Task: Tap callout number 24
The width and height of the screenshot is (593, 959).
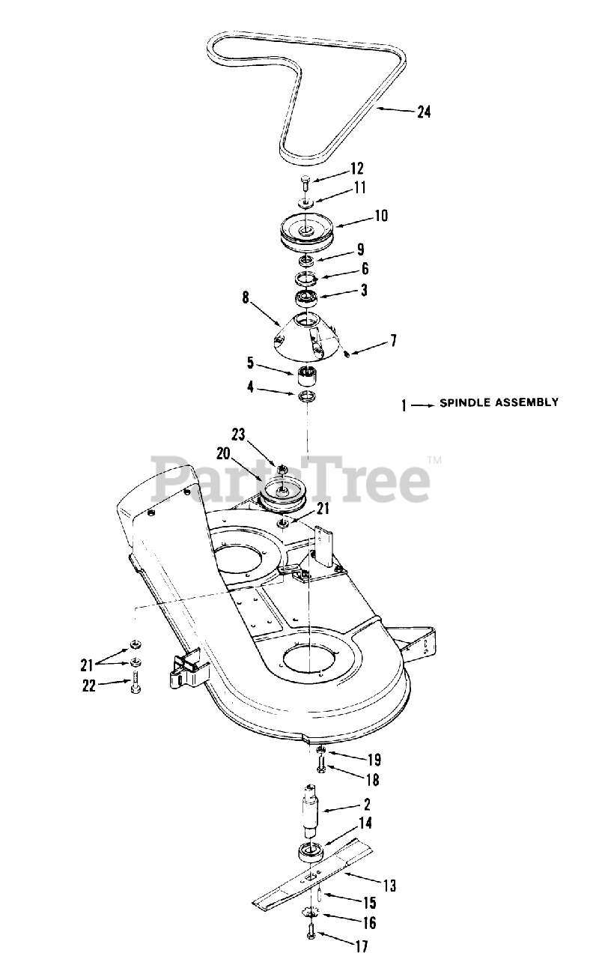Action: (x=424, y=112)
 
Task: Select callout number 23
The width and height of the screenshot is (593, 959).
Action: (x=238, y=434)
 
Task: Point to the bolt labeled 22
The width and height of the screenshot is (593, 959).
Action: (x=135, y=683)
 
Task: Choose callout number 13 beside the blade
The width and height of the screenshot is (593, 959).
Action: (x=389, y=886)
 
